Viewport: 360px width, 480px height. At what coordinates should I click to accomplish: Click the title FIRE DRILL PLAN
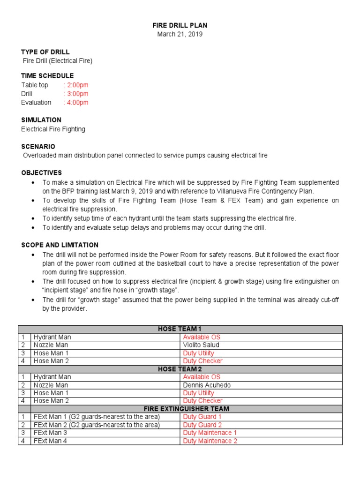(x=180, y=25)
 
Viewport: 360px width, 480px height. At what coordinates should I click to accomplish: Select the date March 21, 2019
(x=180, y=34)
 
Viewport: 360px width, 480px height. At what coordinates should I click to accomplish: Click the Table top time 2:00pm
(x=76, y=85)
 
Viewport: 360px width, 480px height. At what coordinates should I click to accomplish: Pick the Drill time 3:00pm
(x=76, y=94)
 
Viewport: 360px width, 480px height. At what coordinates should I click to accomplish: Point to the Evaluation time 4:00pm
(x=76, y=102)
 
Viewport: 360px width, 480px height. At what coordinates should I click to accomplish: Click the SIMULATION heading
(x=41, y=120)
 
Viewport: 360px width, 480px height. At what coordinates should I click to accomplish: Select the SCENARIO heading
(x=38, y=147)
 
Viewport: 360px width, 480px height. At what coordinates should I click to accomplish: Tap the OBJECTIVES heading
(x=41, y=173)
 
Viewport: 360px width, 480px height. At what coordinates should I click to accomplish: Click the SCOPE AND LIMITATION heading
(x=60, y=245)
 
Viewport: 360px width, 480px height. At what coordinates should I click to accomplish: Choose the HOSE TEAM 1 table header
(x=180, y=329)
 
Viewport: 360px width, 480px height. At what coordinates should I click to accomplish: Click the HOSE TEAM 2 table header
(x=180, y=369)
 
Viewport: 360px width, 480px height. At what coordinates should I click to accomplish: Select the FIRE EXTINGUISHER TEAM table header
(x=180, y=409)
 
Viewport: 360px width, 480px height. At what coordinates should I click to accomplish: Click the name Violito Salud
(x=201, y=345)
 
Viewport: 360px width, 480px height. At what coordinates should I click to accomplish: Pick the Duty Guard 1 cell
(x=202, y=417)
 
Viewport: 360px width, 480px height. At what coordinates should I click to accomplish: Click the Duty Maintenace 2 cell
(x=210, y=441)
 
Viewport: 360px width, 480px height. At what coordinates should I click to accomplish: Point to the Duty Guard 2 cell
(x=202, y=425)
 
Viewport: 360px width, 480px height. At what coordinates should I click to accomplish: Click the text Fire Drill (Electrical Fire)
(x=58, y=60)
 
